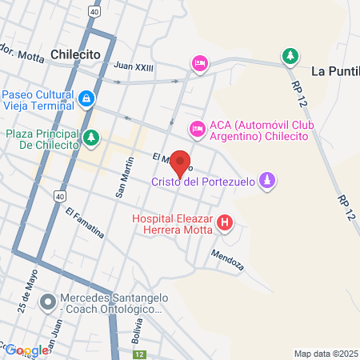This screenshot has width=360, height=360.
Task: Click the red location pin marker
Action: tap(181, 162)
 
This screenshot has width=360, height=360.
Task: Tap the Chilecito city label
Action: tap(80, 54)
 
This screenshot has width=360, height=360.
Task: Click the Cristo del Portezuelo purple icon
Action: tap(270, 182)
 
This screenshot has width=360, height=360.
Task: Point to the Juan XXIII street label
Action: tap(133, 66)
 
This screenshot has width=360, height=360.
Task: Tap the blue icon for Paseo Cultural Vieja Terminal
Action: tap(86, 98)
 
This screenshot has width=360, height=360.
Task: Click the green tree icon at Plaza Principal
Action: tap(92, 138)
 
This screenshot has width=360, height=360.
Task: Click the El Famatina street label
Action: tap(86, 223)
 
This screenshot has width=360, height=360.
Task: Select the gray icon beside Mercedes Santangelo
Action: tap(48, 302)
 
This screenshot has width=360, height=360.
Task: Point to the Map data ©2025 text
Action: tap(326, 353)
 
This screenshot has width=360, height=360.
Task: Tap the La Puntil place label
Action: tap(334, 70)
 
